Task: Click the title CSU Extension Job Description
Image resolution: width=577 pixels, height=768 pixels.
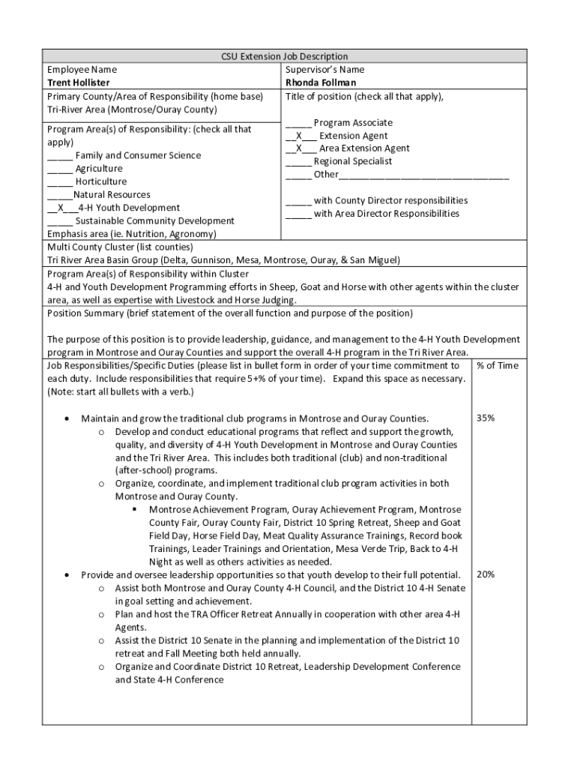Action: pos(284,56)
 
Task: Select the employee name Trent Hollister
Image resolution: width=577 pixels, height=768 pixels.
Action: pos(78,82)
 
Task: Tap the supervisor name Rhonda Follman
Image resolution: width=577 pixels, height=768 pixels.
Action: pos(320,82)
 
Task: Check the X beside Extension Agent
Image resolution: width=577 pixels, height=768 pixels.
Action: pos(299,136)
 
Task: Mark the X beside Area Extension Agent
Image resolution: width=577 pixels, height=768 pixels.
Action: pos(299,148)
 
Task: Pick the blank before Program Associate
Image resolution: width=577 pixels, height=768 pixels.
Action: pos(297,123)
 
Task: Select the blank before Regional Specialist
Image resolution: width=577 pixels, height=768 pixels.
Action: pos(297,162)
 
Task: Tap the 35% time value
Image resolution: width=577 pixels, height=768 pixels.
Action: pos(485,418)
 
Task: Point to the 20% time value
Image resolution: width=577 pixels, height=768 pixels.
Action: pos(485,574)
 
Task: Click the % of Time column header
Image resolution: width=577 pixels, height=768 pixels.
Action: pos(497,366)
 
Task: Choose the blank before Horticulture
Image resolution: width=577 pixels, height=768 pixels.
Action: pos(60,182)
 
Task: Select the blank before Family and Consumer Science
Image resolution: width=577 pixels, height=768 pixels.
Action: pos(60,156)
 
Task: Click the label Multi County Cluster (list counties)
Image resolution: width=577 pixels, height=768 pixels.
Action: pos(120,247)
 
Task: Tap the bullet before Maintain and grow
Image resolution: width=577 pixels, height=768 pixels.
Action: pos(67,418)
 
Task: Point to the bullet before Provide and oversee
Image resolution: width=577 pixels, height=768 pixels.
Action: pos(67,574)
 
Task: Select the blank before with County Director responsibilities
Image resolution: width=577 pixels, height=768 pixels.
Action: pos(297,201)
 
